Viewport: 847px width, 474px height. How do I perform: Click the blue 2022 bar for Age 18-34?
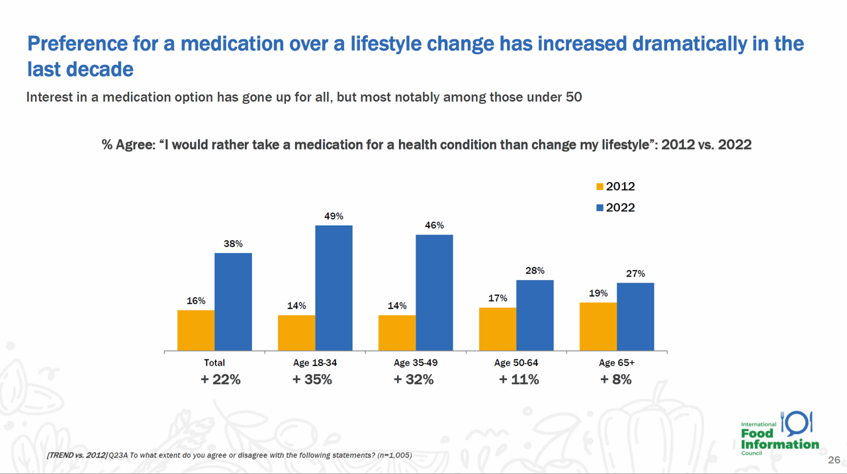334,288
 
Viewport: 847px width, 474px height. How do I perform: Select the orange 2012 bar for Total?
196,330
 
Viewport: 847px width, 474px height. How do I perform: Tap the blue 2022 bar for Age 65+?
635,316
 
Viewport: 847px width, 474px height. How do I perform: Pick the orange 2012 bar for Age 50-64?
498,329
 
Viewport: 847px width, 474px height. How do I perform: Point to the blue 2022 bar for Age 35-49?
434,293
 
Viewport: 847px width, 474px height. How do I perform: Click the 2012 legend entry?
615,187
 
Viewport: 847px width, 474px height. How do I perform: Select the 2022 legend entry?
615,208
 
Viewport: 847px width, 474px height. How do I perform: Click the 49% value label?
334,216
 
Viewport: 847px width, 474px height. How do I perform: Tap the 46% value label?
434,226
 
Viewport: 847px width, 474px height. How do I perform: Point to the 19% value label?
598,293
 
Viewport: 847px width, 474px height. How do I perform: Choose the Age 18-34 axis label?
315,363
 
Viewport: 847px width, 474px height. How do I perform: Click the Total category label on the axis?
214,363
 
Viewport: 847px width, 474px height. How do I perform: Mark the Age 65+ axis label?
617,363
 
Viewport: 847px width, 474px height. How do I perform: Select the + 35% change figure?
312,380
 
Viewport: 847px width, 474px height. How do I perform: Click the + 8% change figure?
615,380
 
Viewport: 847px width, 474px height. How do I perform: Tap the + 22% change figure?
220,380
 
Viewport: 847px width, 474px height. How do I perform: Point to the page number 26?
834,460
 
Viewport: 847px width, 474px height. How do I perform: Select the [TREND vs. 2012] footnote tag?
77,455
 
